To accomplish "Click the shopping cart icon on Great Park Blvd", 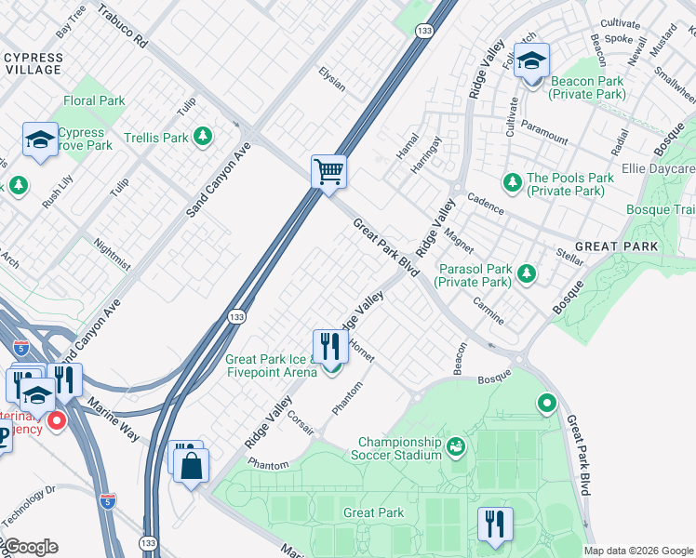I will click(x=328, y=172).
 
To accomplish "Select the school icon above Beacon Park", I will click(x=531, y=61).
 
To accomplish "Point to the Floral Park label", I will click(x=94, y=100).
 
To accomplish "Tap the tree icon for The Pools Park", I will click(x=511, y=179).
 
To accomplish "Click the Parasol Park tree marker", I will click(x=528, y=273).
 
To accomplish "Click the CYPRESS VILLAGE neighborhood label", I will click(x=33, y=63).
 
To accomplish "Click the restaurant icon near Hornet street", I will click(x=329, y=347).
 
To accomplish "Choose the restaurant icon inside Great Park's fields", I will click(x=494, y=524).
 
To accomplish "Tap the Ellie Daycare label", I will click(x=658, y=169).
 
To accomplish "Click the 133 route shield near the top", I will click(x=423, y=31).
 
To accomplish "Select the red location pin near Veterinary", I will click(x=56, y=421).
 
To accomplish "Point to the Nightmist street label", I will click(x=113, y=254).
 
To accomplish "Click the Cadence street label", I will click(x=485, y=205).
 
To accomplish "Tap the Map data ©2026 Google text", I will click(x=637, y=551).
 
